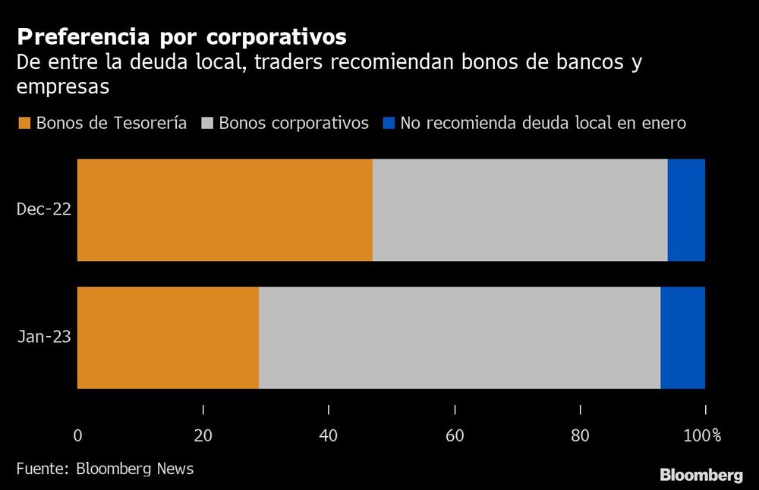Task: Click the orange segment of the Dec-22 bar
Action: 225,210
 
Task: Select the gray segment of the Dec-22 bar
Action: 520,210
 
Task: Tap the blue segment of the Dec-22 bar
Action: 686,210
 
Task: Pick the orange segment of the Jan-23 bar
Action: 168,338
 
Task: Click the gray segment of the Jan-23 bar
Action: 459,338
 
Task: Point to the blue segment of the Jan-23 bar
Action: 682,338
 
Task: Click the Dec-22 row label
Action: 44,210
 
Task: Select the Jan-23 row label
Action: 44,338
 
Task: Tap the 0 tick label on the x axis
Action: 77,435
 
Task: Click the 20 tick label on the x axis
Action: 203,435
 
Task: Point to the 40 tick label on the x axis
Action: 329,435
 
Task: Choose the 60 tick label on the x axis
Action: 455,435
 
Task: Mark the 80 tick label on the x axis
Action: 581,435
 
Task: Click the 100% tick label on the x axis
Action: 703,435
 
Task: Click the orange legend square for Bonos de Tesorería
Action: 24,124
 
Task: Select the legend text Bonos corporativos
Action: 294,123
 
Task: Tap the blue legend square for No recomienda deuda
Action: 388,124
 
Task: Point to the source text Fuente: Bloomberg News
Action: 105,469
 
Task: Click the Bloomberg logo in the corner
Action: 701,476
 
